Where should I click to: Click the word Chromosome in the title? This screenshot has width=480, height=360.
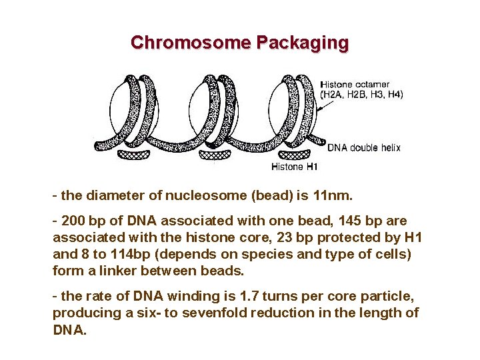click(191, 43)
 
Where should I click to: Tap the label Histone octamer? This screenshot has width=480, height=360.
click(355, 84)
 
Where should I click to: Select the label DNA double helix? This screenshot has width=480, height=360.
click(364, 147)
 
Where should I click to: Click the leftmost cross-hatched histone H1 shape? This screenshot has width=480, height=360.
click(137, 155)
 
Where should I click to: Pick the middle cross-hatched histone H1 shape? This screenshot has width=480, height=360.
click(214, 155)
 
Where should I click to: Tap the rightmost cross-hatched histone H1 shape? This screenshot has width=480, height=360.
click(290, 155)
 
